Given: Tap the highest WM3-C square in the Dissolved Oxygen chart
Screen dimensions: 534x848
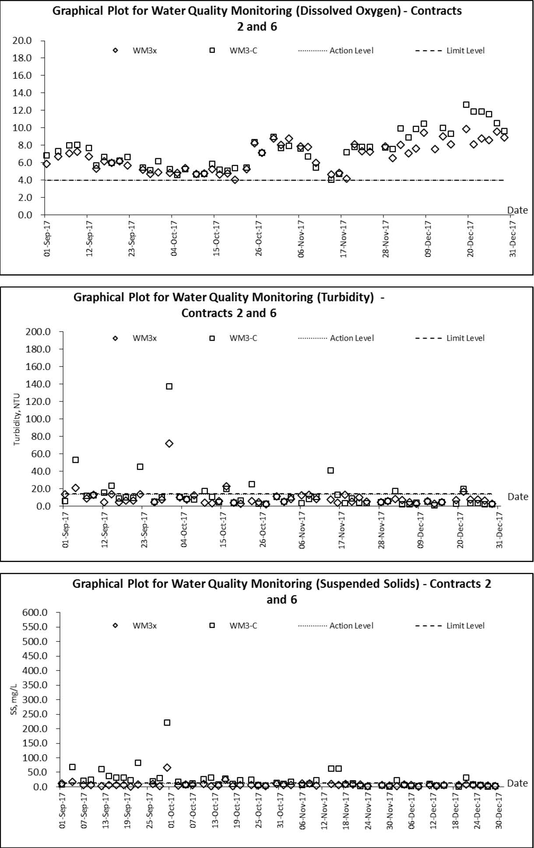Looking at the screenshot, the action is click(466, 105).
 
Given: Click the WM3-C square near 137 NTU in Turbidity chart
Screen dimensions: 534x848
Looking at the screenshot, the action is click(169, 386).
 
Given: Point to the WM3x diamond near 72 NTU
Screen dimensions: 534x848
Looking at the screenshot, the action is click(169, 443).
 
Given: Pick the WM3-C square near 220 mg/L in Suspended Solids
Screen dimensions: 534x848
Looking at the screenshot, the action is click(167, 722).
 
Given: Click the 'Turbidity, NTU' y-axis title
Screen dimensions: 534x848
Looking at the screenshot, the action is click(17, 419).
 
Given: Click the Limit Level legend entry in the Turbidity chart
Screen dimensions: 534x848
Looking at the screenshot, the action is click(450, 338).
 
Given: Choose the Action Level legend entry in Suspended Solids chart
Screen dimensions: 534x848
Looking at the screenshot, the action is click(336, 625).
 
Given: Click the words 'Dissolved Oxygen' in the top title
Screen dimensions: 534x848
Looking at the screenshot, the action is click(348, 11).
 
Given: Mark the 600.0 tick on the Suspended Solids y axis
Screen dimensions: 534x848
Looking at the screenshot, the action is click(35, 612).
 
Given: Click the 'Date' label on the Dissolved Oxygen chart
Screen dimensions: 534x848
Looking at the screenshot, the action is click(517, 210).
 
